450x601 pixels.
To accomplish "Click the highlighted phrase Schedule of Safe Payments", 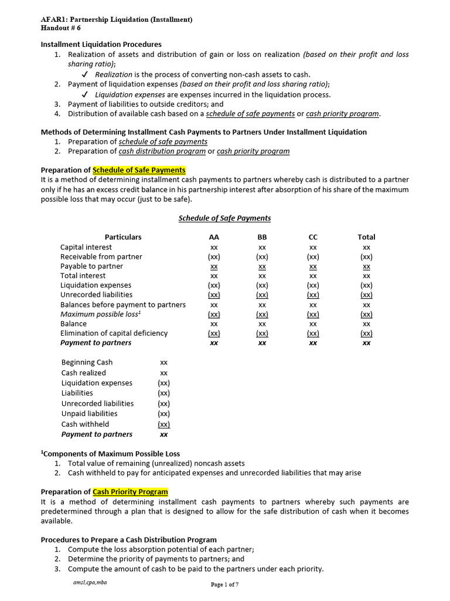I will [x=139, y=170].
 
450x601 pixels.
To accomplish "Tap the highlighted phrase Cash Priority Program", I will [x=130, y=492].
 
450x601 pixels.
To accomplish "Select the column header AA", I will [x=214, y=237].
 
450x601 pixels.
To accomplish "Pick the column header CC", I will [x=313, y=237].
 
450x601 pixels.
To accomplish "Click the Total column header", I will [x=366, y=237].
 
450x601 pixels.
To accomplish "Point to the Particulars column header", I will [x=123, y=237].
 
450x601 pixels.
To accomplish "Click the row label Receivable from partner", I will [x=101, y=256].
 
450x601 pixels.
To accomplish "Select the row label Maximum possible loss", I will [x=100, y=314].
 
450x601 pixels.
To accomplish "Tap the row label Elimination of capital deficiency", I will [x=114, y=333].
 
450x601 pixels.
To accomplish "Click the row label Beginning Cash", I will [x=87, y=362].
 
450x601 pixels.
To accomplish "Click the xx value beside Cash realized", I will [x=164, y=373].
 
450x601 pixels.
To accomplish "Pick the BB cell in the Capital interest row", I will [x=262, y=247].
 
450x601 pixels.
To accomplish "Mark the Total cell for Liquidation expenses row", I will [x=366, y=285].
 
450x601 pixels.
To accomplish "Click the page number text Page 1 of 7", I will [x=224, y=585].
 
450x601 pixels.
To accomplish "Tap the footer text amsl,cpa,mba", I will [x=86, y=582].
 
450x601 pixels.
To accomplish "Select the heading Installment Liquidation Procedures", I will [x=101, y=44].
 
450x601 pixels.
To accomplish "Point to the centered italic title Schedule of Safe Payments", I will [x=224, y=218].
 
